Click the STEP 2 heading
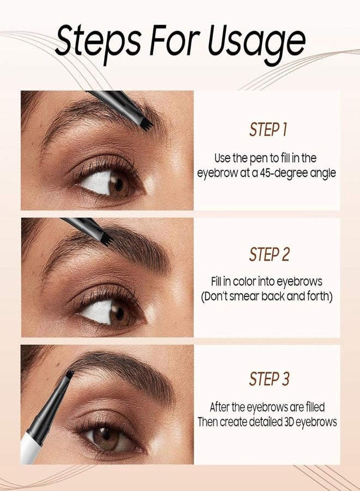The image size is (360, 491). coord(268,254)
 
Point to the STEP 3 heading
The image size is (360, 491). coord(268,379)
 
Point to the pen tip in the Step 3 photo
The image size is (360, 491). coord(69,375)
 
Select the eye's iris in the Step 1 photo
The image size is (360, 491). coord(117,183)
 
